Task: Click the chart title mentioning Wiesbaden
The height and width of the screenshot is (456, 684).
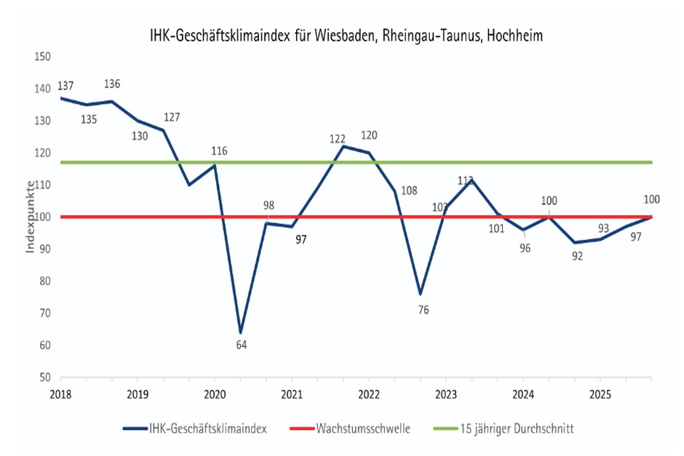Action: [x=341, y=34]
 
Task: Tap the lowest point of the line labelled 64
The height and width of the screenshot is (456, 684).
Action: [x=240, y=333]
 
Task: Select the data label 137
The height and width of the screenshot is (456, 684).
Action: [x=65, y=86]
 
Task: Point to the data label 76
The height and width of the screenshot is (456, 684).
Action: [x=423, y=311]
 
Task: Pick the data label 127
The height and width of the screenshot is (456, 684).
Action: [x=172, y=117]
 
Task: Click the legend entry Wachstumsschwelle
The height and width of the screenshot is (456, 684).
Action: [x=362, y=429]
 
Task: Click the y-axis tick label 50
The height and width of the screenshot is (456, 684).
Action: [x=44, y=377]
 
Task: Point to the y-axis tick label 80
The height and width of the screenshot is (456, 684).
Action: [x=44, y=281]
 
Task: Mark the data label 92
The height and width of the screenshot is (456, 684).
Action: [x=578, y=255]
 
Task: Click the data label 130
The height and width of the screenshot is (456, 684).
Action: [x=139, y=135]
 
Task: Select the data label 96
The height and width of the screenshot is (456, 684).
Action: [x=525, y=249]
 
